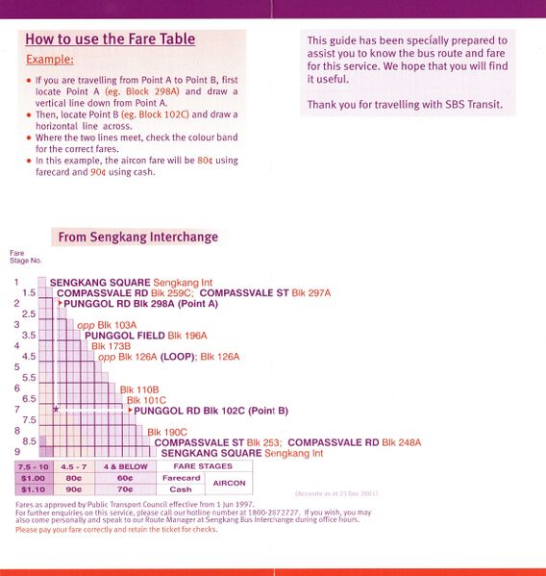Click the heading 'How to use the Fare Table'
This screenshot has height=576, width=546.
click(110, 39)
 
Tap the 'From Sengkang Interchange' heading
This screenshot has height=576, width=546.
click(137, 237)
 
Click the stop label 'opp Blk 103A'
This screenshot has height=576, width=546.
click(107, 324)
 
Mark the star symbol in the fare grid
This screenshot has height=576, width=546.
click(57, 410)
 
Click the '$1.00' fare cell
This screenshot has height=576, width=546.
click(33, 478)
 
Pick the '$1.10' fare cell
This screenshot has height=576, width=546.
click(33, 488)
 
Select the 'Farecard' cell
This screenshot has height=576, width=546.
click(181, 478)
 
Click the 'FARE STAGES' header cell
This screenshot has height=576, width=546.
click(205, 466)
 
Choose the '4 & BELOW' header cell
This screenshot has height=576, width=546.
click(126, 466)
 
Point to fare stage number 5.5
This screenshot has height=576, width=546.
click(29, 377)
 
